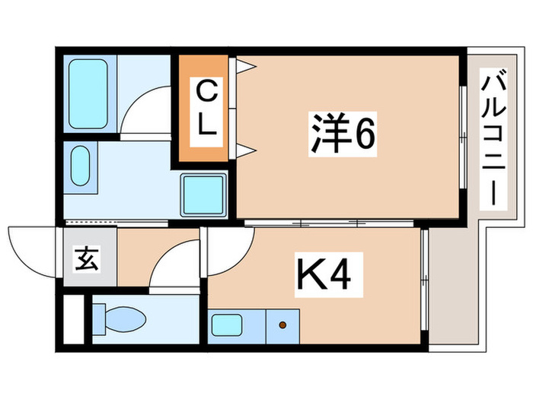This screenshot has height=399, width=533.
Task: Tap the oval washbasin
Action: coord(81,165)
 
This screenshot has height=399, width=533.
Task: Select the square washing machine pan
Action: coord(203,193)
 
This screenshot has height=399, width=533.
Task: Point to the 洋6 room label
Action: coord(343,134)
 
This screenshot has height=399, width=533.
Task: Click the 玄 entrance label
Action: coord(85,259)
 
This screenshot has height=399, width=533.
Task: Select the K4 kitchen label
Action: coord(323,277)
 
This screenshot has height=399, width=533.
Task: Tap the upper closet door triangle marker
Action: coord(244,67)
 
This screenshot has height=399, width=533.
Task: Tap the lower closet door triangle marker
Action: coord(244,149)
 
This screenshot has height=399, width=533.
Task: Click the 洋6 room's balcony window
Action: coord(462,137)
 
